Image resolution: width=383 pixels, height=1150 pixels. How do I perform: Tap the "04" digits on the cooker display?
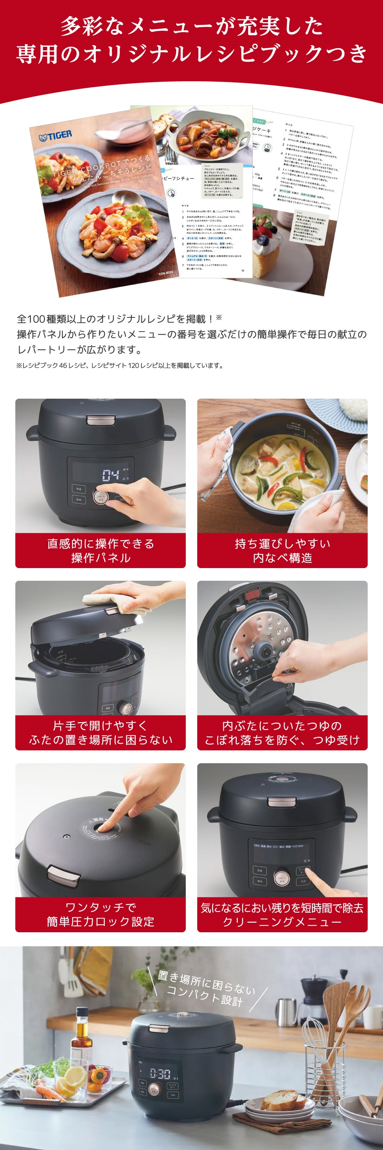(x=111, y=475)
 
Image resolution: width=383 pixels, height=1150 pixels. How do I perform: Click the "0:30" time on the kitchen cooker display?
(x=160, y=1073)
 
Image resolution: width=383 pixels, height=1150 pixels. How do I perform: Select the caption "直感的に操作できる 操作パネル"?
(x=101, y=550)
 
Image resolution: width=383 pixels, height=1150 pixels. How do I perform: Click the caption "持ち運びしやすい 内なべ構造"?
(x=282, y=550)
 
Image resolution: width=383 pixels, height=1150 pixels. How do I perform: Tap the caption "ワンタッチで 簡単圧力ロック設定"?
(x=101, y=914)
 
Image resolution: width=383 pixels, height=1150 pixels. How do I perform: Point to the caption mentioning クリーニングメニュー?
(x=282, y=914)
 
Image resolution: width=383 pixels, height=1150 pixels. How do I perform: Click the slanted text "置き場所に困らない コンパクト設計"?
(x=205, y=989)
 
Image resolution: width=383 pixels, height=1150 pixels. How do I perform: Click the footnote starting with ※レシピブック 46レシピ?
(x=119, y=365)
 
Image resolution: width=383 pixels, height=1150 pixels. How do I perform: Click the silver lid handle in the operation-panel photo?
(x=101, y=419)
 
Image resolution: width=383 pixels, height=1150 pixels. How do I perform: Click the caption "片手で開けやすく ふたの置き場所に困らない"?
(x=101, y=732)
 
